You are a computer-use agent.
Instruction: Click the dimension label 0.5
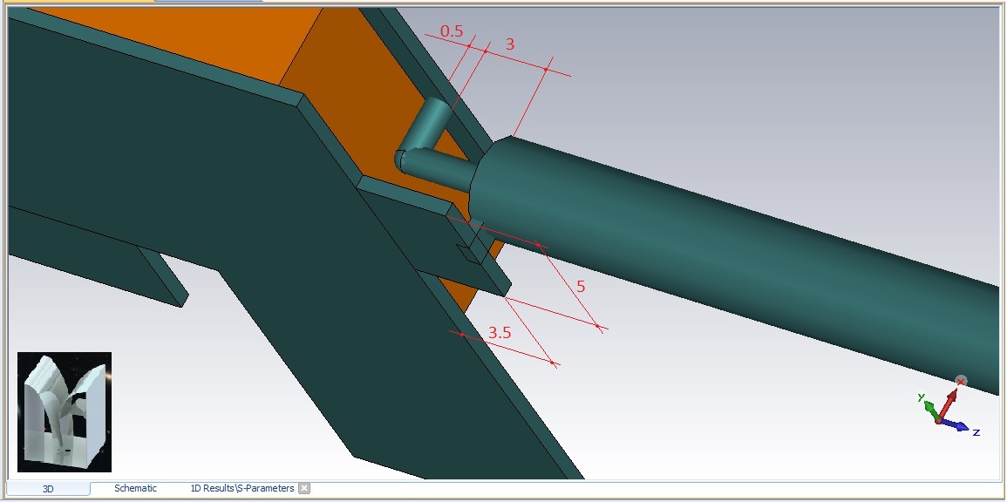click(x=452, y=31)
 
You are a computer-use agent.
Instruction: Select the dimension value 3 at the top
click(x=510, y=44)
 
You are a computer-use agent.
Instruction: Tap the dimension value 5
click(x=581, y=287)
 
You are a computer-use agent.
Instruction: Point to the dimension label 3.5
click(x=500, y=333)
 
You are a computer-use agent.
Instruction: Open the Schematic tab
click(x=135, y=489)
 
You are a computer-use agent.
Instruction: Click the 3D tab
click(x=48, y=489)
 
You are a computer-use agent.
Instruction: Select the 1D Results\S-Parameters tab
click(x=242, y=489)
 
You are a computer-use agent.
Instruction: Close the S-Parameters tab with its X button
click(x=304, y=489)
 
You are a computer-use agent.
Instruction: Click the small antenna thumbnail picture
click(x=65, y=412)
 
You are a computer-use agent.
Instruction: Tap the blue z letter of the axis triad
click(x=976, y=432)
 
